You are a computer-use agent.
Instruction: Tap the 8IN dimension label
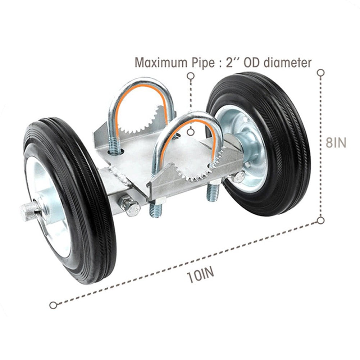coord(336,142)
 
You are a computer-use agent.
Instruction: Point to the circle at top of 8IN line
coord(321,73)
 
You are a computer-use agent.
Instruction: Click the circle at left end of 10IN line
coord(53,305)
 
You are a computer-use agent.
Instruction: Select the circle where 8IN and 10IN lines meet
coord(321,220)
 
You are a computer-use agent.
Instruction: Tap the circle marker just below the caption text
coord(191,76)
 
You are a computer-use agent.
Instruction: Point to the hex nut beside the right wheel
coord(238,177)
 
